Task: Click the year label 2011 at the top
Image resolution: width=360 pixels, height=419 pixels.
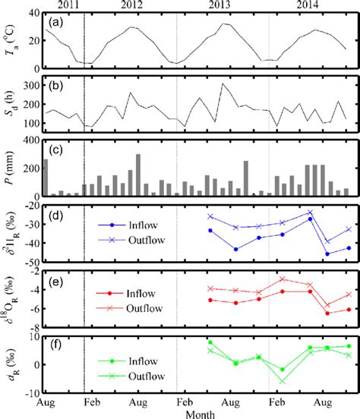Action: coord(62,5)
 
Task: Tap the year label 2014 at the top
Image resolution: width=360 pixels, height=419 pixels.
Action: coord(314,5)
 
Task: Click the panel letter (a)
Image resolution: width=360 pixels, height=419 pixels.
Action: coord(55,22)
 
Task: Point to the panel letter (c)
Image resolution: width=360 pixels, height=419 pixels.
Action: coord(55,148)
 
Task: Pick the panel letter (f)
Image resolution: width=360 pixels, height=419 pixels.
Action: coord(55,342)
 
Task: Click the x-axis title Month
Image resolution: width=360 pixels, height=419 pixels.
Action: coord(199,414)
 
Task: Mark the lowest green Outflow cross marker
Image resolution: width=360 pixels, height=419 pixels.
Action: coord(282,381)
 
